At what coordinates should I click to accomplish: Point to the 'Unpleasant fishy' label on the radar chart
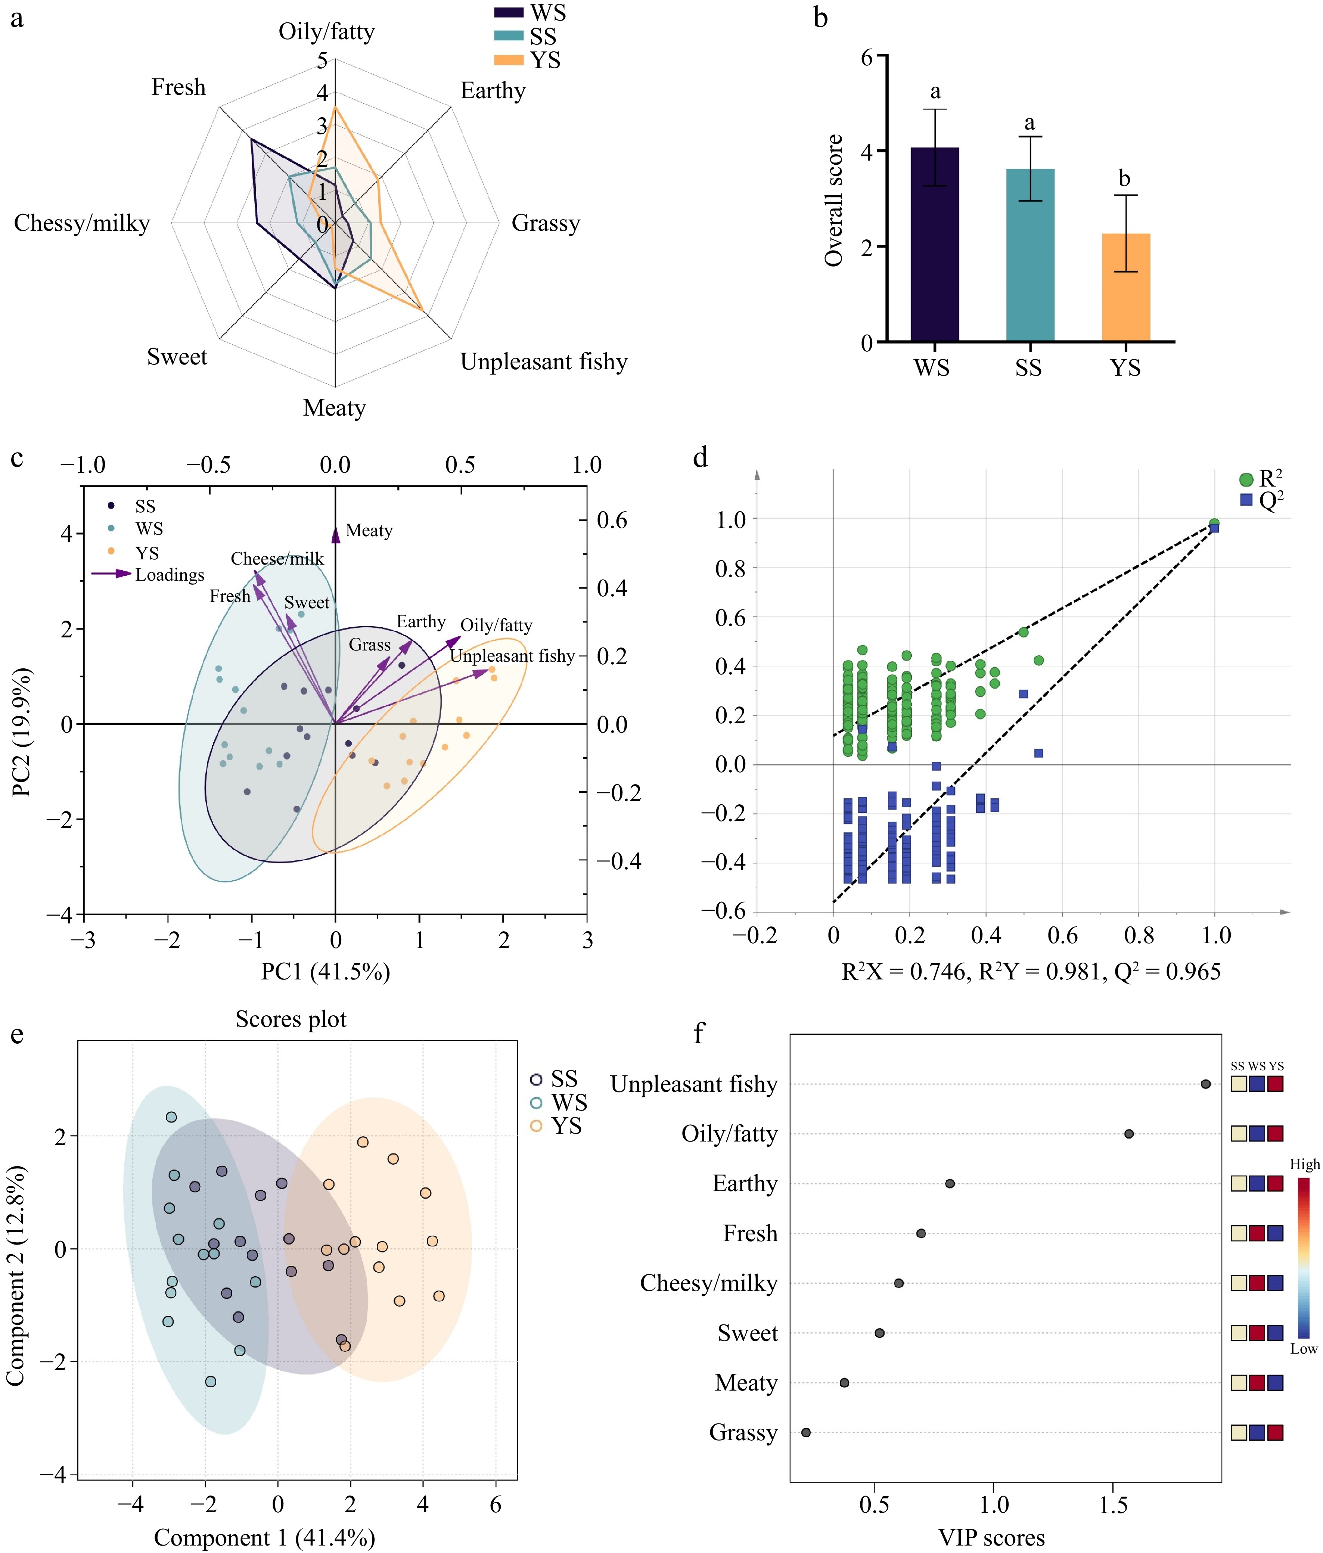click(x=543, y=362)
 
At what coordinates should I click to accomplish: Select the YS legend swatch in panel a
click(x=508, y=60)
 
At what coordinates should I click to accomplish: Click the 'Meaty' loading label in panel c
click(x=369, y=531)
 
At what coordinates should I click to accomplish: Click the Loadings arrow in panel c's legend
click(x=111, y=574)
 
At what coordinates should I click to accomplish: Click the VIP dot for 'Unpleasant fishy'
click(x=1205, y=1084)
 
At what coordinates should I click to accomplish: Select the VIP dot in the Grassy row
click(x=806, y=1432)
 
